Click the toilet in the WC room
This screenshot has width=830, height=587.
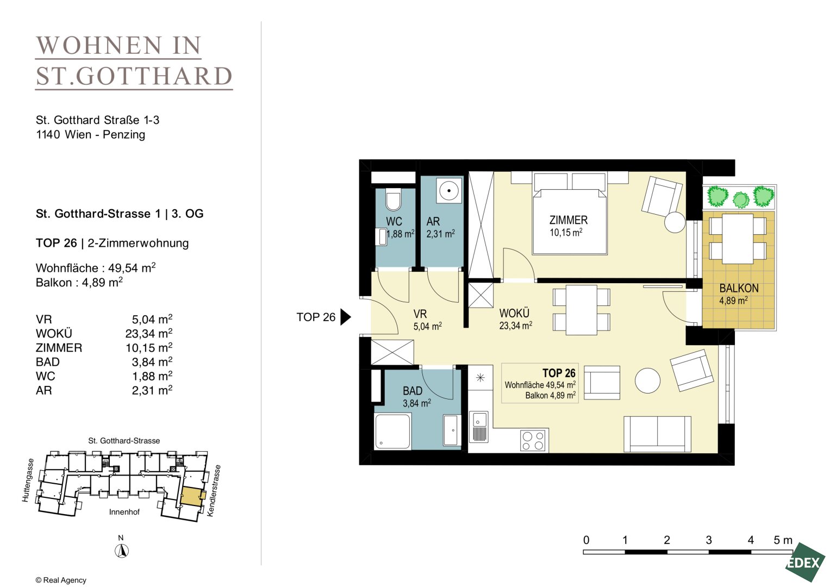point(393,200)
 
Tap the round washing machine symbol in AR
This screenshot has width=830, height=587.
point(449,191)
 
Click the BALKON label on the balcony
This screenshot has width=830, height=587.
point(739,288)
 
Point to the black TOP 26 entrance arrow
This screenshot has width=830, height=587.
point(345,317)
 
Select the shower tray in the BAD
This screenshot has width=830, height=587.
point(393,432)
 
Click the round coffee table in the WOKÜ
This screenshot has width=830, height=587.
point(647,380)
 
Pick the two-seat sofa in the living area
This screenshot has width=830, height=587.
point(657,434)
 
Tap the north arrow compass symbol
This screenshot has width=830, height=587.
point(122,551)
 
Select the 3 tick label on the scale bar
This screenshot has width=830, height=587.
point(708,540)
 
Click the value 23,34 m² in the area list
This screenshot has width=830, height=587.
point(148,333)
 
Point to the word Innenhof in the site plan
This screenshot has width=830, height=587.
point(124,512)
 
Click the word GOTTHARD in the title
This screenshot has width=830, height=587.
point(154,76)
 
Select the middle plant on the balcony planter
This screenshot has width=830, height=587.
point(741,200)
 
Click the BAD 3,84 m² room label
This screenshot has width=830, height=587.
point(416,397)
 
